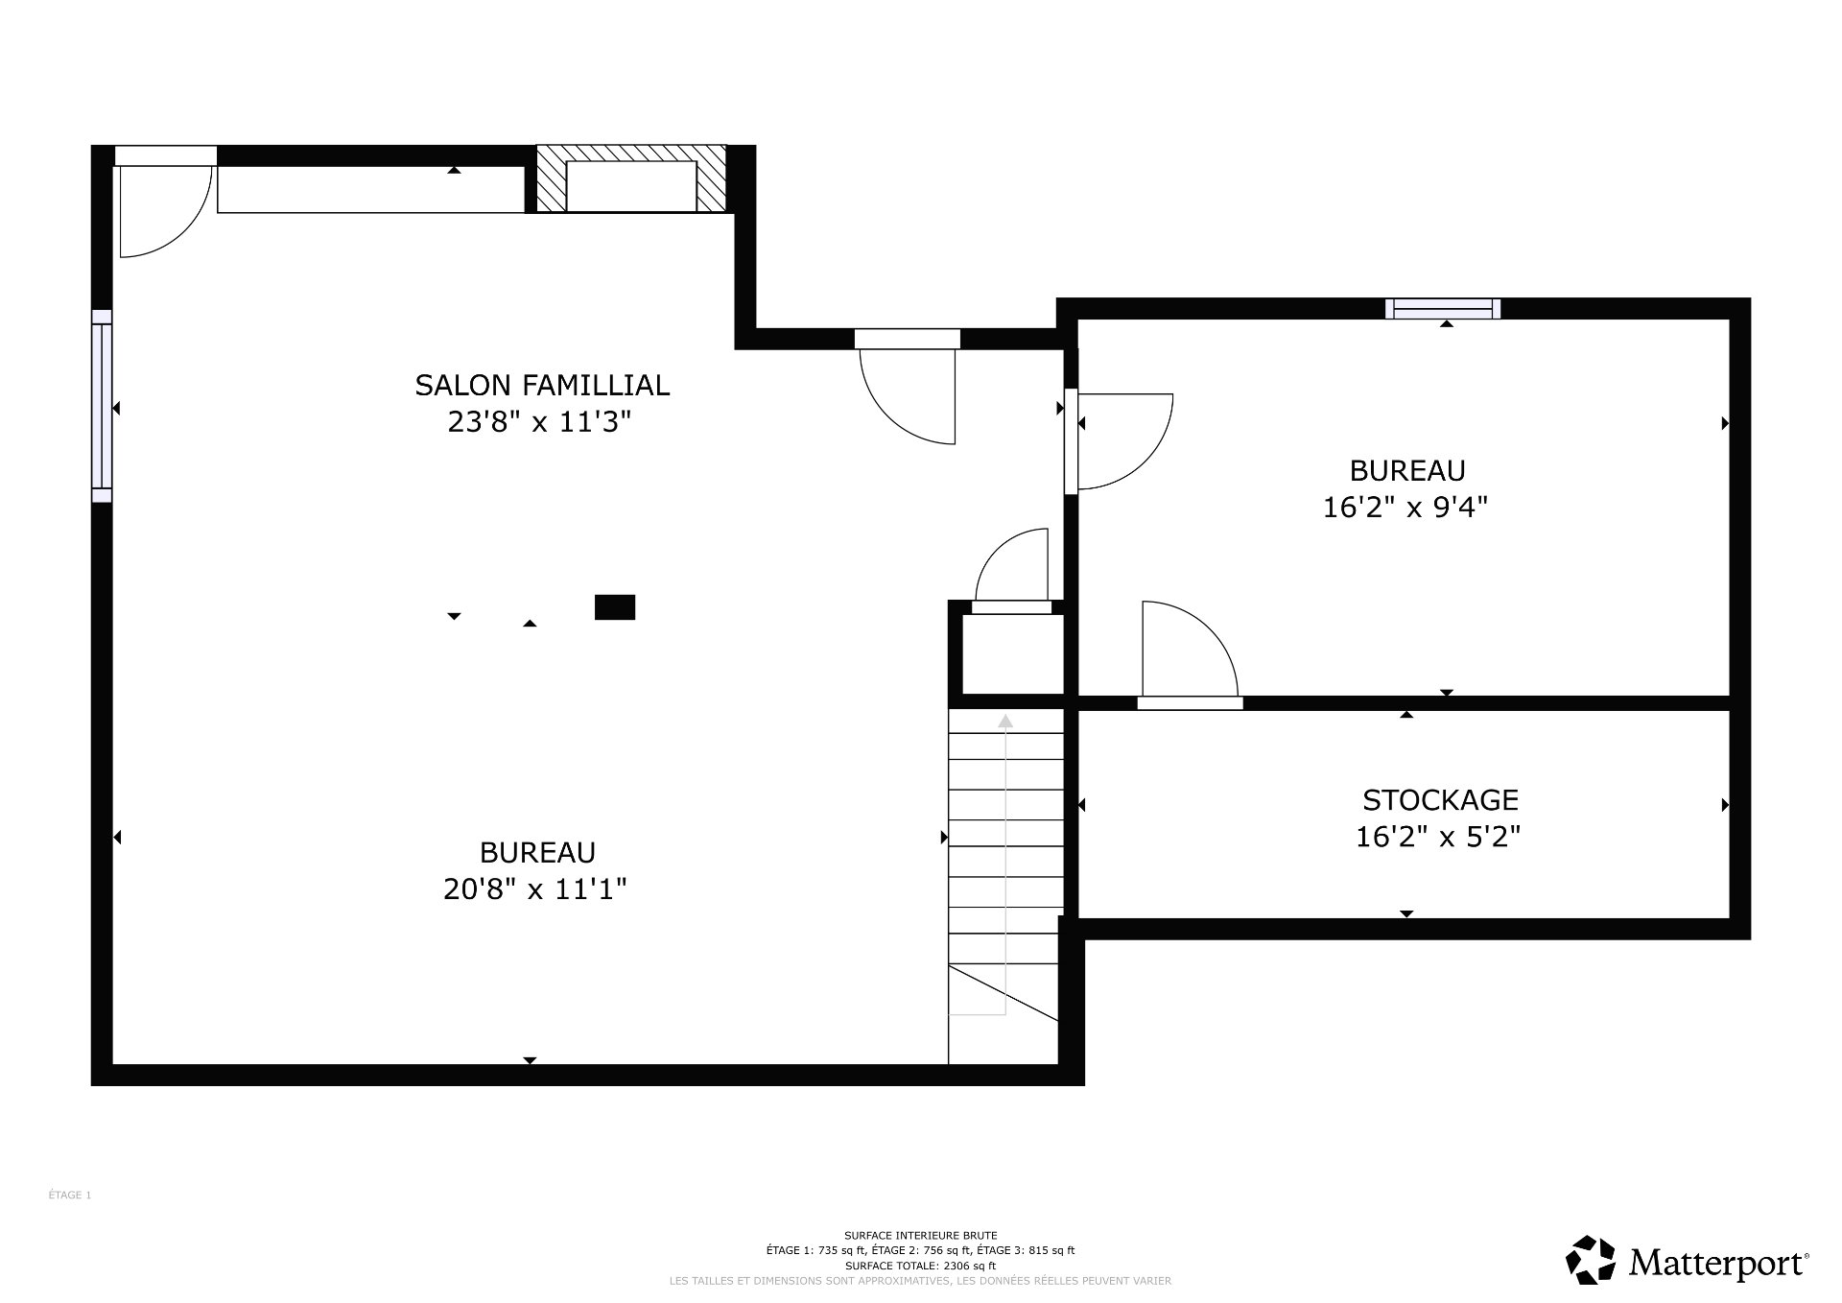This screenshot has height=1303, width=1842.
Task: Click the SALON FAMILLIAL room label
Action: [x=541, y=385]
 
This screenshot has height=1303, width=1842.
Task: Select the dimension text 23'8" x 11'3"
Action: [x=539, y=421]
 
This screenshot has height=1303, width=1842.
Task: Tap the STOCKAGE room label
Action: [x=1440, y=799]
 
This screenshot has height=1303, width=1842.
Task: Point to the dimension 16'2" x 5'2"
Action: [x=1437, y=837]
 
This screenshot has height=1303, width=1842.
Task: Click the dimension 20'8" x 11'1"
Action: [x=534, y=889]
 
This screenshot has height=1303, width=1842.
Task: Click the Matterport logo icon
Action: [x=1592, y=1260]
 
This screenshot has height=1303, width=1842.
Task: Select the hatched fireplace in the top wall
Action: [x=630, y=179]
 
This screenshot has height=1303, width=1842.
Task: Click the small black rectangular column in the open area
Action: [x=615, y=607]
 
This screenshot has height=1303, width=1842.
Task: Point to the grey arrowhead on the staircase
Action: [x=1005, y=722]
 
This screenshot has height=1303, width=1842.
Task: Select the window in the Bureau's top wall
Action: [x=1443, y=308]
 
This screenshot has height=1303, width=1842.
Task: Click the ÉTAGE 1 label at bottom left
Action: [x=70, y=1195]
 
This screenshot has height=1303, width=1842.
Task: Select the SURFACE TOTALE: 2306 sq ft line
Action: [x=920, y=1266]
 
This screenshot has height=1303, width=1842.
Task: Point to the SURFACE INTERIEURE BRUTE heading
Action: [x=920, y=1235]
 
